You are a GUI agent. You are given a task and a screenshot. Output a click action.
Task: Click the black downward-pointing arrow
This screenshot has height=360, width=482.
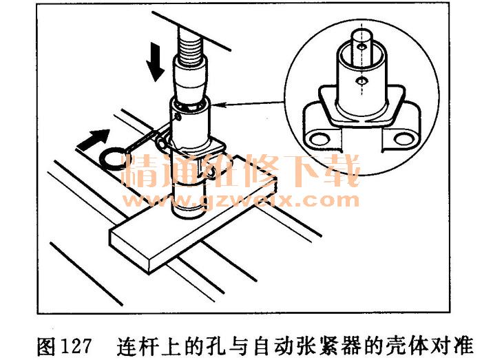(156, 61)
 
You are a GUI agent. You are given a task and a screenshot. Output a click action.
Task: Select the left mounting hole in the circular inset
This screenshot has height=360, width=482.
(318, 139)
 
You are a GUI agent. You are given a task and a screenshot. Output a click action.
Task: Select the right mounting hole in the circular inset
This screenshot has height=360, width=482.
(404, 138)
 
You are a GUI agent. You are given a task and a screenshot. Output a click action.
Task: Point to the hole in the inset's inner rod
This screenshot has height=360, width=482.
(362, 47)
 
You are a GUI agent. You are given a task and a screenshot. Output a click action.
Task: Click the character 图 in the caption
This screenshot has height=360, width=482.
(47, 346)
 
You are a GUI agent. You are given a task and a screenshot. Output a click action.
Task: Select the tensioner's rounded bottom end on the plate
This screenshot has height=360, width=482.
(187, 204)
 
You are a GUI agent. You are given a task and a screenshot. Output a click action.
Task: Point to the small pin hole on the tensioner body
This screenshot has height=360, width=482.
(177, 117)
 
